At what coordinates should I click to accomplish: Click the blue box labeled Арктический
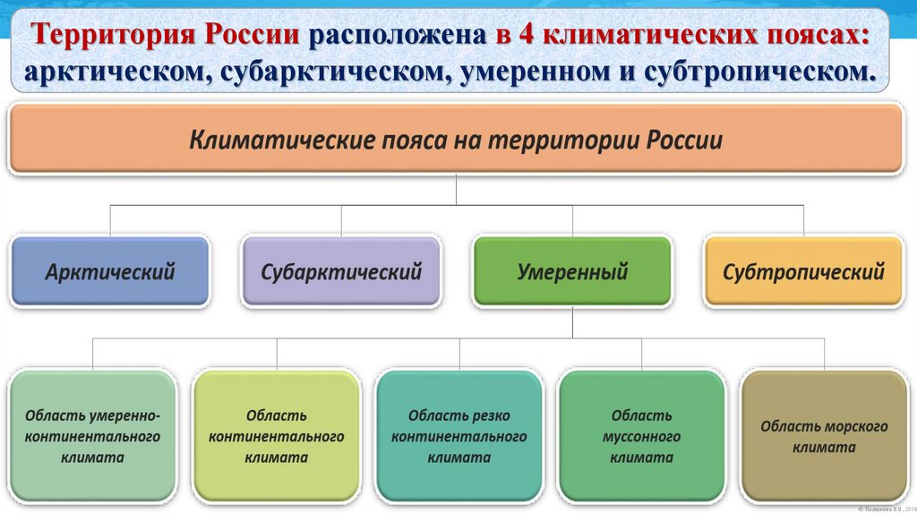point(110,271)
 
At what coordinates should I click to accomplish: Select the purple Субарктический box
point(341,271)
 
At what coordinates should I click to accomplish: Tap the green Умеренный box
point(572,271)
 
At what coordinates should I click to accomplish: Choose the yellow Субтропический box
point(803,271)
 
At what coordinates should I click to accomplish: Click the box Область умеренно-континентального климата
point(92,436)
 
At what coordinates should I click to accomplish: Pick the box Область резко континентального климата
point(458,436)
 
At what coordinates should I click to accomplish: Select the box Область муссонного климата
point(641,436)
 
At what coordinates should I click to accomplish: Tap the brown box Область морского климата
point(824,436)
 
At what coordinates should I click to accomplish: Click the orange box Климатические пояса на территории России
point(456,141)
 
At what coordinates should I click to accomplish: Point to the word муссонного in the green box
point(641,437)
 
